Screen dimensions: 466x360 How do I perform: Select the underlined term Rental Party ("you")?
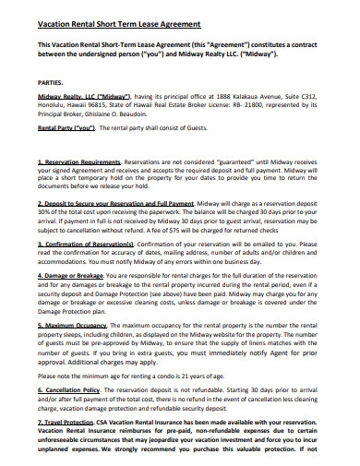66,129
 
